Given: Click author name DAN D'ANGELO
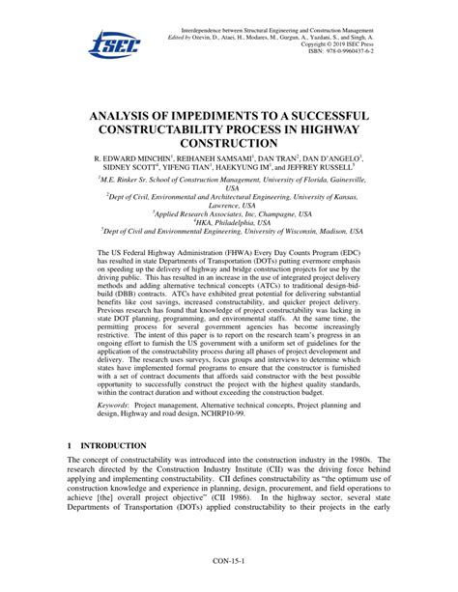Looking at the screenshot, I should (x=331, y=156).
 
